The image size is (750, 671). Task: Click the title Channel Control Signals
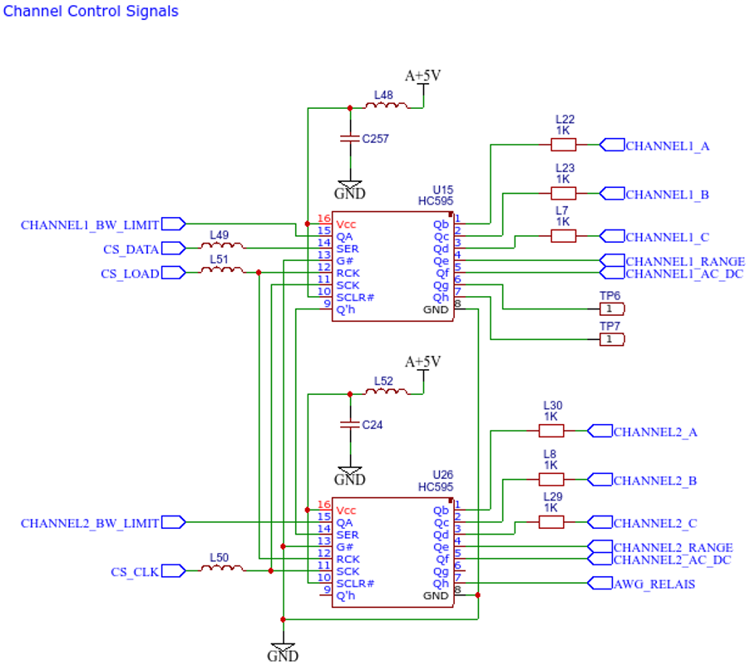[91, 12]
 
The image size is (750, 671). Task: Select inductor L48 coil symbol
[387, 106]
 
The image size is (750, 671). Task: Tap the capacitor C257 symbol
[350, 138]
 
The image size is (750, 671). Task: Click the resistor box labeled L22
[563, 145]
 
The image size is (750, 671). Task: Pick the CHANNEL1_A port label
[667, 146]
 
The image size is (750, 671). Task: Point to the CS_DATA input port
[174, 249]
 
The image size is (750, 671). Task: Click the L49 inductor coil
[222, 245]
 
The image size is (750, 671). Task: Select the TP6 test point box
[612, 309]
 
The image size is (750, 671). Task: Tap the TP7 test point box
[612, 339]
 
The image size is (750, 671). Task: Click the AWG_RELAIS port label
[654, 584]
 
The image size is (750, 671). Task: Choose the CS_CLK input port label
[135, 573]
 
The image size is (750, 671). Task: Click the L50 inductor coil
[222, 568]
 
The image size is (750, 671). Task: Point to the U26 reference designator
[442, 475]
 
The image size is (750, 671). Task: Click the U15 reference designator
[442, 190]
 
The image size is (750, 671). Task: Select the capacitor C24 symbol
[350, 424]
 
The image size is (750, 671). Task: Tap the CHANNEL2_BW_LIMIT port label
[90, 524]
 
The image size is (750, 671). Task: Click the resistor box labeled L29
[551, 522]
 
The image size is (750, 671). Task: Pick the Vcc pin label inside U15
[346, 224]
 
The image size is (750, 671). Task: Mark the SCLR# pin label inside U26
[355, 584]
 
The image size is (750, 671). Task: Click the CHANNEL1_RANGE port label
[685, 262]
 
